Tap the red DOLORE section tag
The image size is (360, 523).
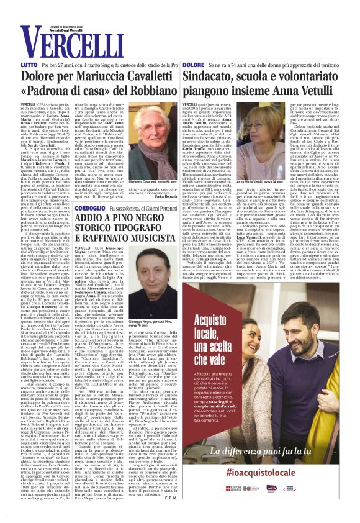coord(193,65)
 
